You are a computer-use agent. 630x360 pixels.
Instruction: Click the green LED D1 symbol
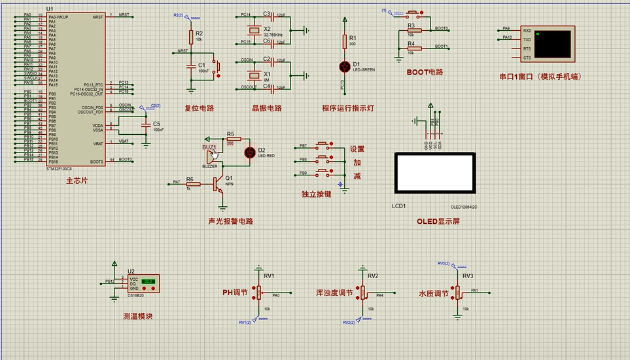pyautogui.click(x=345, y=66)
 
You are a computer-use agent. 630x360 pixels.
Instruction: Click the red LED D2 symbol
pyautogui.click(x=249, y=153)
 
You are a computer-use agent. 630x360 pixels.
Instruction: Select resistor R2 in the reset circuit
pyautogui.click(x=191, y=36)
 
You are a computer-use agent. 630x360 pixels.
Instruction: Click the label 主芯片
pyautogui.click(x=77, y=180)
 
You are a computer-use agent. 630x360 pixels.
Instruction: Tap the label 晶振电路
pyautogui.click(x=266, y=108)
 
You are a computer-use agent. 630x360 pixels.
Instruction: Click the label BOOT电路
pyautogui.click(x=425, y=72)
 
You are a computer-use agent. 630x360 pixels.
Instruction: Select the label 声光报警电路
pyautogui.click(x=230, y=221)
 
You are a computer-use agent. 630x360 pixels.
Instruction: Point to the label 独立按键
pyautogui.click(x=316, y=194)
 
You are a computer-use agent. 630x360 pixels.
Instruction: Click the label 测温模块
pyautogui.click(x=137, y=316)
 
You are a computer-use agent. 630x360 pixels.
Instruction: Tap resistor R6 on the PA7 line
pyautogui.click(x=190, y=184)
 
